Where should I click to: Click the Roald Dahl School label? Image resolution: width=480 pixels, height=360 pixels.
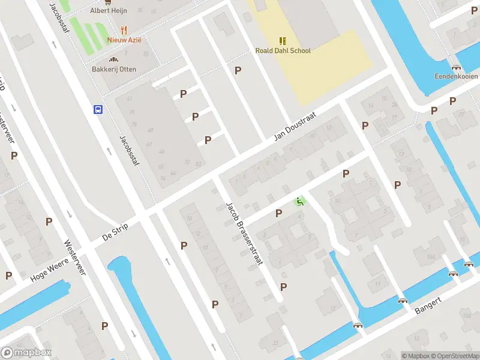tap(283, 51)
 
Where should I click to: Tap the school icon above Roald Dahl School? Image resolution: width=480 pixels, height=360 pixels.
tap(283, 41)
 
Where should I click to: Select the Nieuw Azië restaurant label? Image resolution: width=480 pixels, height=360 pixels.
tap(124, 40)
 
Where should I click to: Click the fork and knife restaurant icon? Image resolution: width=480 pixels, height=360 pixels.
tap(124, 30)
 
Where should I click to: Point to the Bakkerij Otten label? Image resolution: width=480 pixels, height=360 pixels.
tap(114, 70)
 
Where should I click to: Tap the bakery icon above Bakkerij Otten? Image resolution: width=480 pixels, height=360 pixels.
tap(113, 59)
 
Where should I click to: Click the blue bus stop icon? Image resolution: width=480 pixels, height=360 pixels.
tap(98, 109)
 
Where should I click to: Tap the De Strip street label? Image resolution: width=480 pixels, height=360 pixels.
tap(116, 232)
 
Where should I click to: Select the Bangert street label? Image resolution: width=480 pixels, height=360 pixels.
tap(428, 305)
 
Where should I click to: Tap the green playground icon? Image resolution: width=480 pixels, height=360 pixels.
tap(300, 202)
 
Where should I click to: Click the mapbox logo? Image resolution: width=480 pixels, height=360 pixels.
tap(26, 353)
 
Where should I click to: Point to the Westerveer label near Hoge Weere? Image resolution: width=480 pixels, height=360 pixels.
tap(75, 258)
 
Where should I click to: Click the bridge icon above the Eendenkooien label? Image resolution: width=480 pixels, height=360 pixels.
tap(457, 67)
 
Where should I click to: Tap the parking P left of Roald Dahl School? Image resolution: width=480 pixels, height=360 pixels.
tap(238, 70)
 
